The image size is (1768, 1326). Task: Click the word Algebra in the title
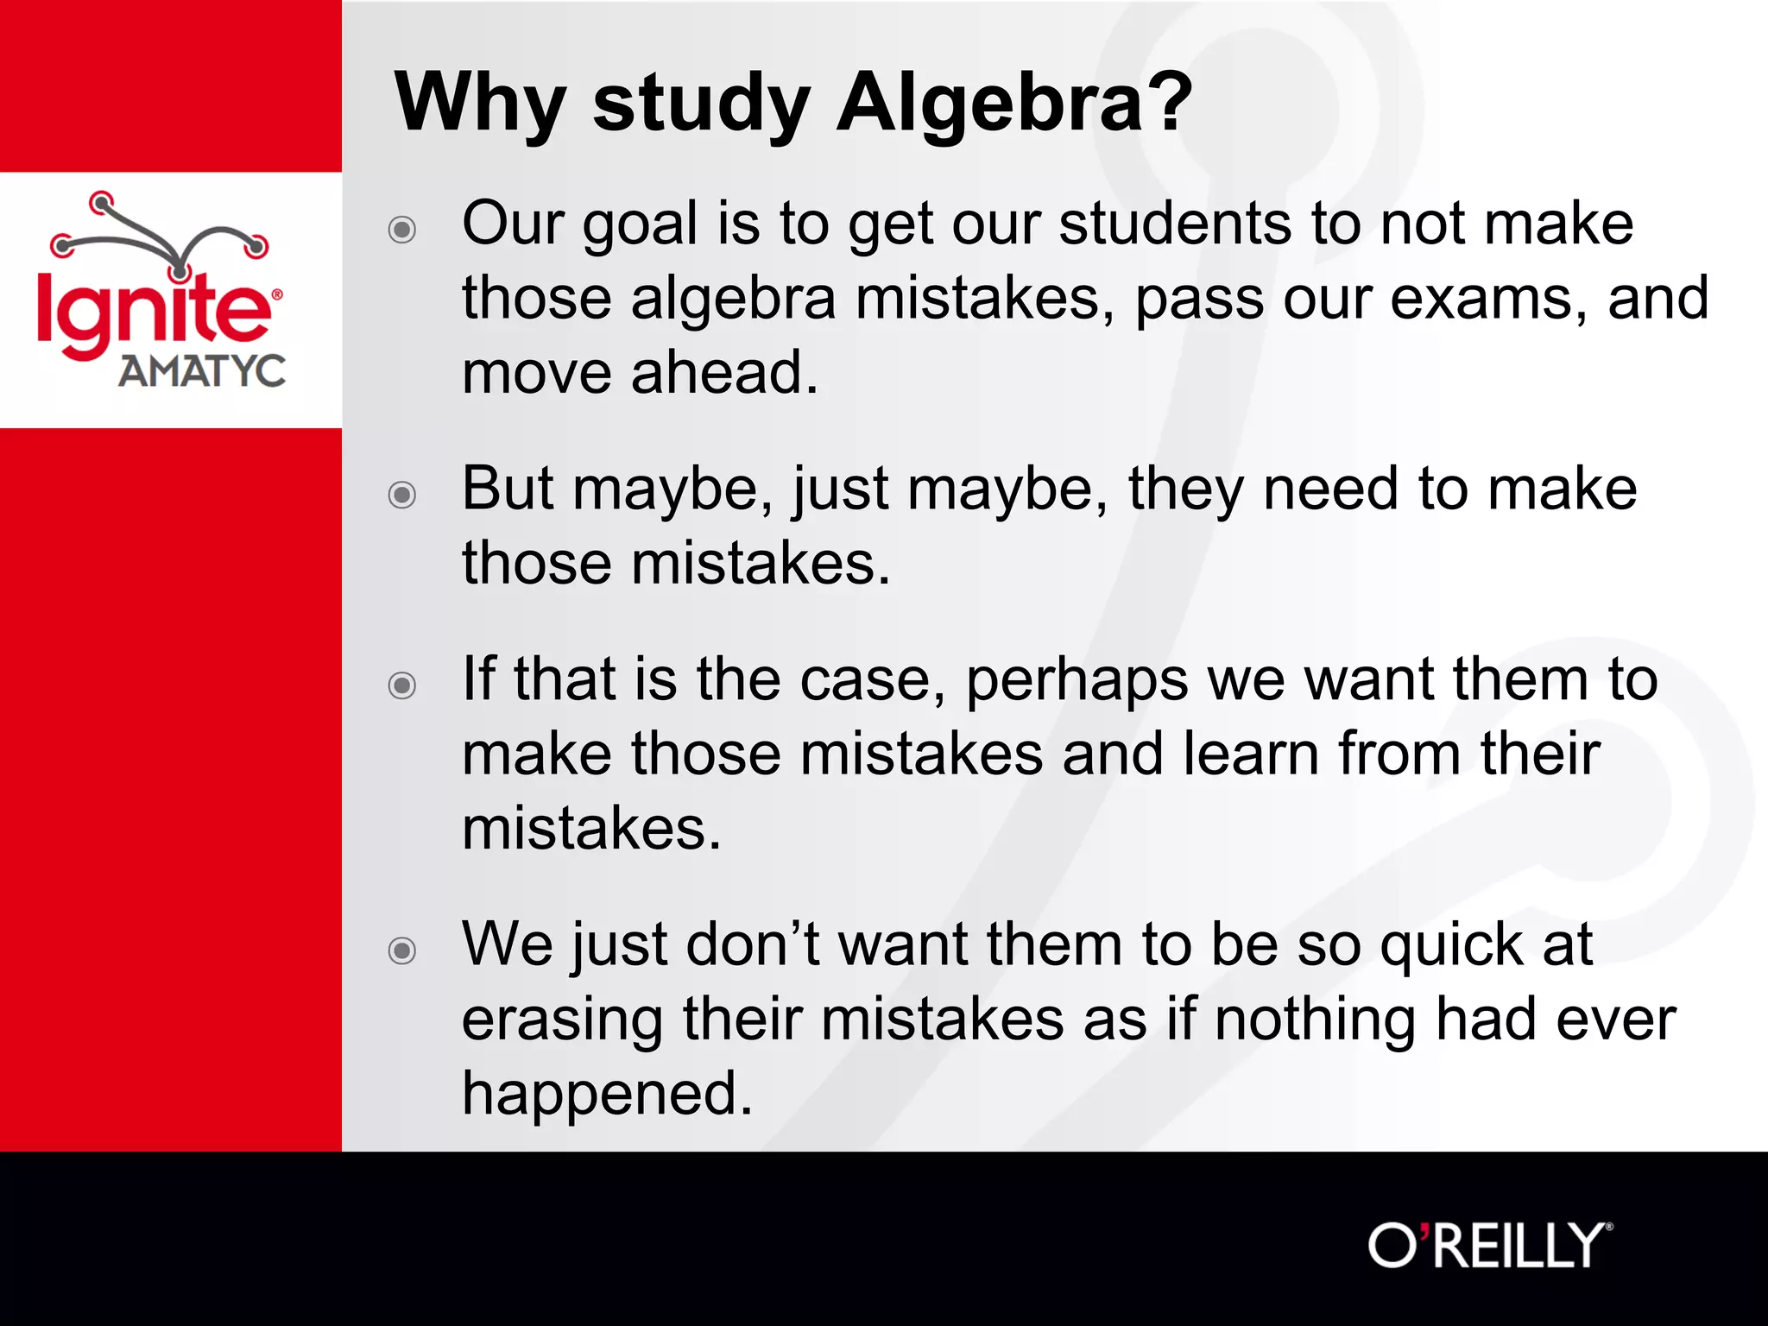(x=990, y=103)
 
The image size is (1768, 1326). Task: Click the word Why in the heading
(x=480, y=103)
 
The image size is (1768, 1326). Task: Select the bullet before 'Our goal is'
(x=402, y=230)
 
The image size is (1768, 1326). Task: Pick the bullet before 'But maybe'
(x=402, y=495)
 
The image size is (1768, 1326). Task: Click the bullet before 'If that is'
(x=402, y=685)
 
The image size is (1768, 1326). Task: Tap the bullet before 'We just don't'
(x=402, y=950)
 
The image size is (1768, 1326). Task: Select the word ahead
(x=724, y=373)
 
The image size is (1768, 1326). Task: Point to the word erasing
(x=562, y=1021)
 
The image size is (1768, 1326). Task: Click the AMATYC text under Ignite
(x=202, y=371)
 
